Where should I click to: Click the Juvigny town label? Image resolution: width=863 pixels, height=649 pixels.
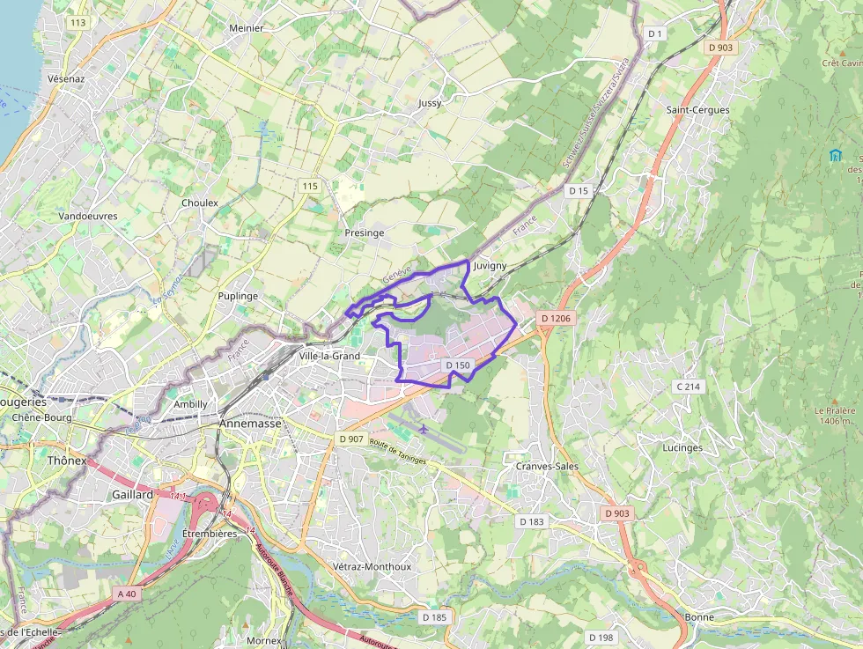(490, 265)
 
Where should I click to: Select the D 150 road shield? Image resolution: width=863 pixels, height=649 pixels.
(458, 365)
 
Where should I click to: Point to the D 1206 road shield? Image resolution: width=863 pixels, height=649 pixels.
(556, 318)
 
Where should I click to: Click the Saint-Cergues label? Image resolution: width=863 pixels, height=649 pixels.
(697, 110)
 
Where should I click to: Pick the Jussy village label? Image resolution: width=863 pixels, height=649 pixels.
(430, 103)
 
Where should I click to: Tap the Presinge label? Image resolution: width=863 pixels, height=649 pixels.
(364, 232)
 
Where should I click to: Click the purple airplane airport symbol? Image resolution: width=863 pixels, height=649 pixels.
(424, 429)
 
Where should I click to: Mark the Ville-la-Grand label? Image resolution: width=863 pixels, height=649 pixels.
(329, 356)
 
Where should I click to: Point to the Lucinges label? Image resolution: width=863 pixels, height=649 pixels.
(682, 447)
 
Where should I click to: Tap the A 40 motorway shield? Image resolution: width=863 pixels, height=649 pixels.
(127, 594)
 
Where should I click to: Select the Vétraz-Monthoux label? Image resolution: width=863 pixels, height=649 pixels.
(372, 566)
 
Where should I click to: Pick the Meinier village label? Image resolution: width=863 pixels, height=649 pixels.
(247, 28)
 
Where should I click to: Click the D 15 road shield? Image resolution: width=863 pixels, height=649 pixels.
(578, 190)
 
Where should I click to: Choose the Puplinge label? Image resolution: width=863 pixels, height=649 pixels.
(238, 296)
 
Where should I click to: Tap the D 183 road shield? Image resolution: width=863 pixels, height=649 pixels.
(531, 521)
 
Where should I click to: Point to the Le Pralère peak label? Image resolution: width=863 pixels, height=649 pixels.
(835, 416)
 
